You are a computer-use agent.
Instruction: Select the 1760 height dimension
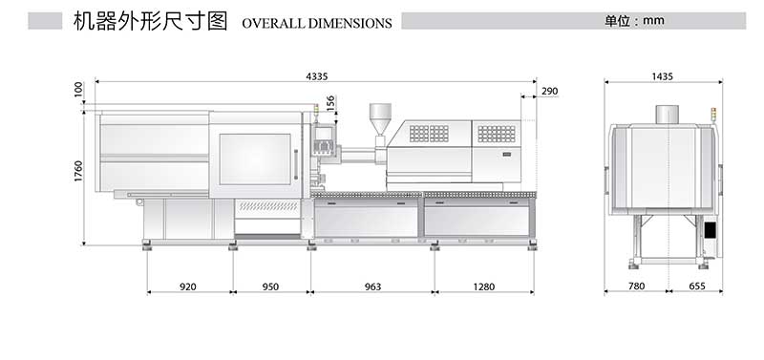78,171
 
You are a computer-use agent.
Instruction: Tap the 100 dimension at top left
78,90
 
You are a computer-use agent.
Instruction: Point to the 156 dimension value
330,101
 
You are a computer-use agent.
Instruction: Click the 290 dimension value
549,92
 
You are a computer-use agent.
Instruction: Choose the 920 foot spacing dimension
188,286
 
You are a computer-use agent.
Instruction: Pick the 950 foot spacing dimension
270,286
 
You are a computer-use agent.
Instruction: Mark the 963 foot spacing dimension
372,286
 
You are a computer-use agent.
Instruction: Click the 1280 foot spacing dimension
484,286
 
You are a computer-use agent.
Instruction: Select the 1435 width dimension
663,75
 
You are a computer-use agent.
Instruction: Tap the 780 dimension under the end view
636,286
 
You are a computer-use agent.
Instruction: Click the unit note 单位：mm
634,20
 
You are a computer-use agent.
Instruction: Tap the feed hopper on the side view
380,118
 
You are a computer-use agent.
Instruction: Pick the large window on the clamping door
255,159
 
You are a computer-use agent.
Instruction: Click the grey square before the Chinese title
45,20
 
